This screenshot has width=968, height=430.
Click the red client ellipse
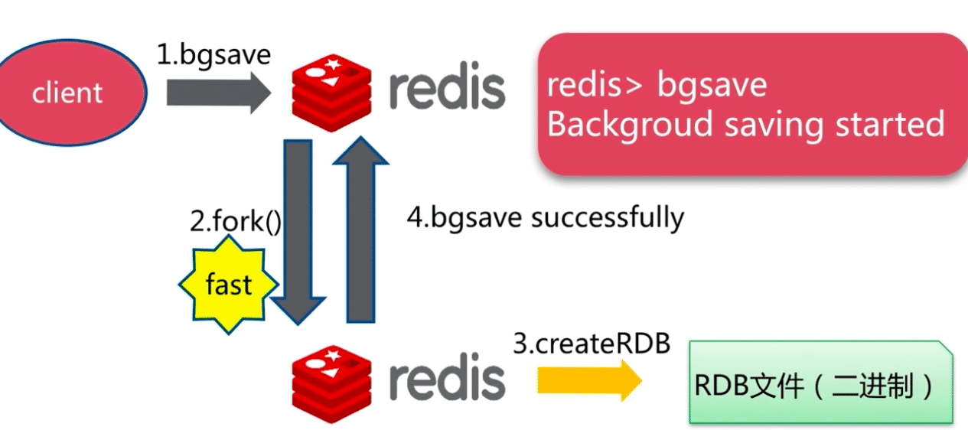tap(67, 93)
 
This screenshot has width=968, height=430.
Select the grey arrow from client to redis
tap(218, 94)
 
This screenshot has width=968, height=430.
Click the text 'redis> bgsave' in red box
tap(657, 84)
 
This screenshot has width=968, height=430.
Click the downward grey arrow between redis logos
tap(298, 230)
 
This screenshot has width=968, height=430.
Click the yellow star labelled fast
tap(228, 285)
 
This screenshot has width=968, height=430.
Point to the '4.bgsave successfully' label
tap(545, 217)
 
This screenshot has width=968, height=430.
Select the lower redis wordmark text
tap(447, 379)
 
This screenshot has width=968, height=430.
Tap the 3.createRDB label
tap(592, 344)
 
